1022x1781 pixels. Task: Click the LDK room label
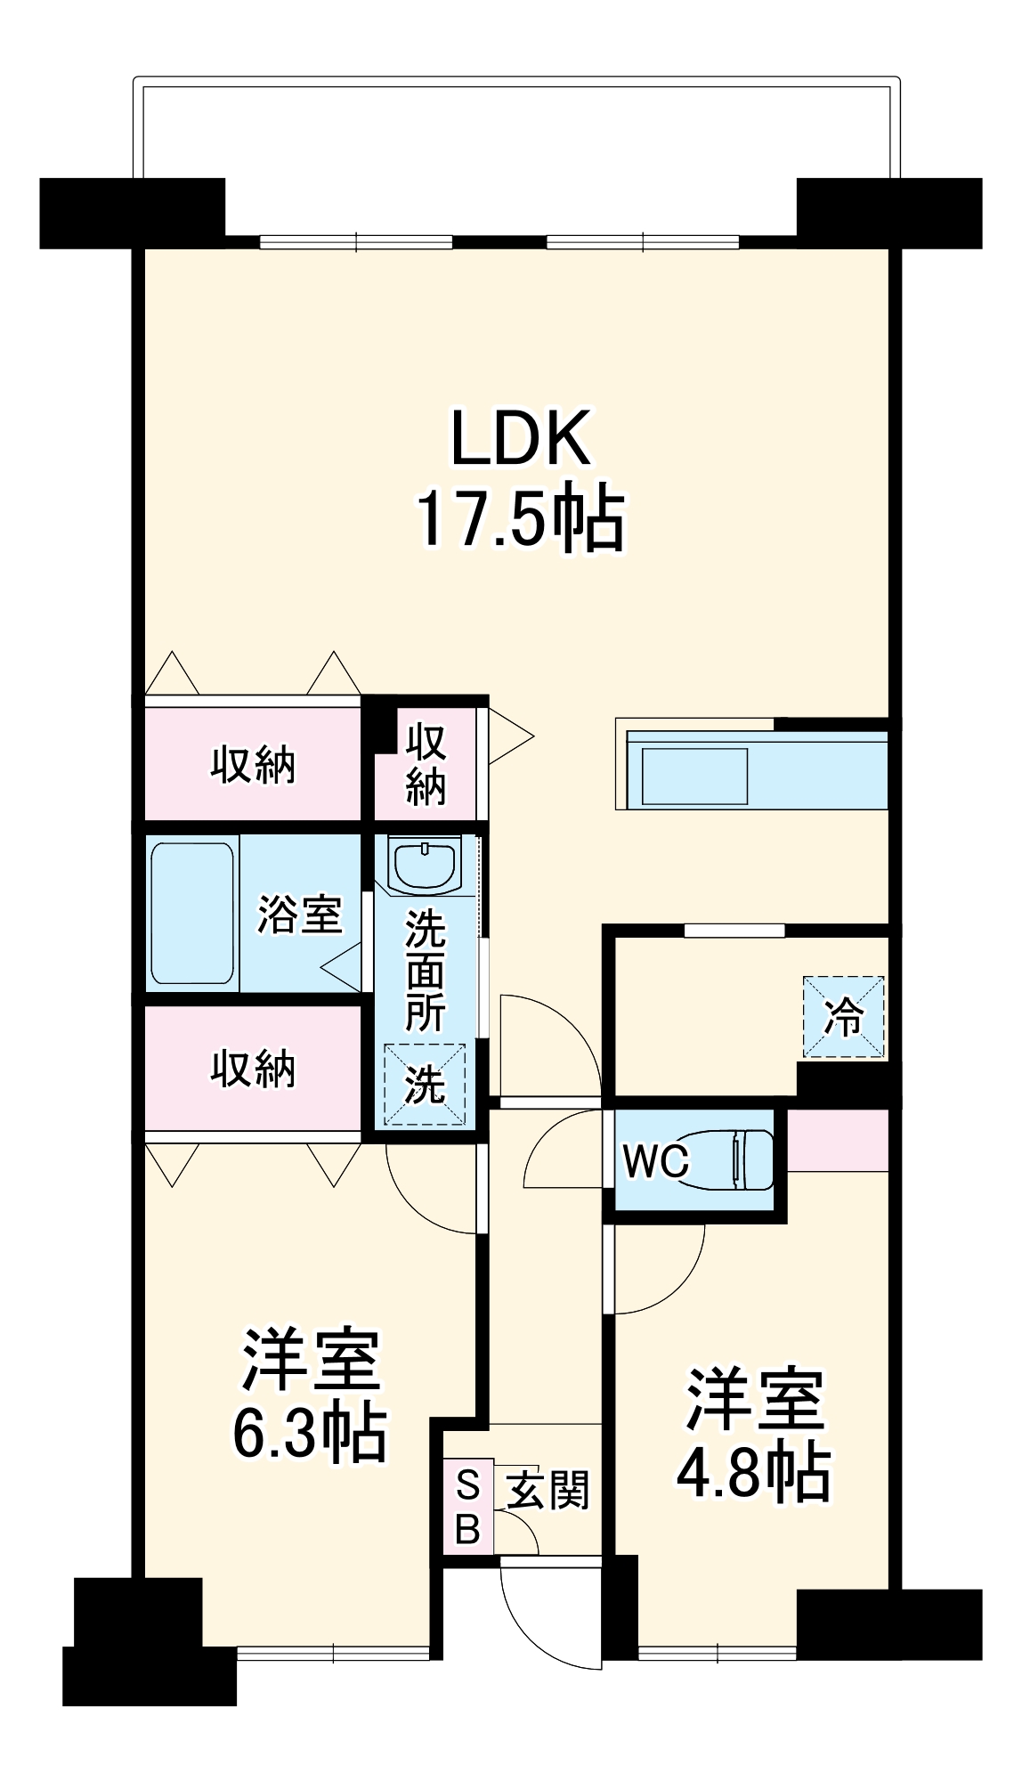(x=521, y=438)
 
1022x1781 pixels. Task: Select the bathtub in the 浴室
(x=192, y=913)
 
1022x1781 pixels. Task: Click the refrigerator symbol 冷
(x=844, y=1017)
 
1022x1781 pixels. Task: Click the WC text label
(x=656, y=1161)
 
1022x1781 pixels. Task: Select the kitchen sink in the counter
(x=693, y=776)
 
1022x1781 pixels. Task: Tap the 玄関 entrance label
(x=548, y=1490)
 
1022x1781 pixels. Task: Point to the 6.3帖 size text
(x=310, y=1433)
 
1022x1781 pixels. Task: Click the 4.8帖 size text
(x=754, y=1472)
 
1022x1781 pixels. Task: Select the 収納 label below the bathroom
(x=253, y=1068)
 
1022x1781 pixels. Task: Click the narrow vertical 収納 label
(x=426, y=764)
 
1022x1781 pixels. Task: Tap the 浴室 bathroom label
(x=300, y=915)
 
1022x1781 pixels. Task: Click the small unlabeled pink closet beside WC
(x=838, y=1140)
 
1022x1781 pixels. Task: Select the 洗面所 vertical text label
(x=426, y=971)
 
